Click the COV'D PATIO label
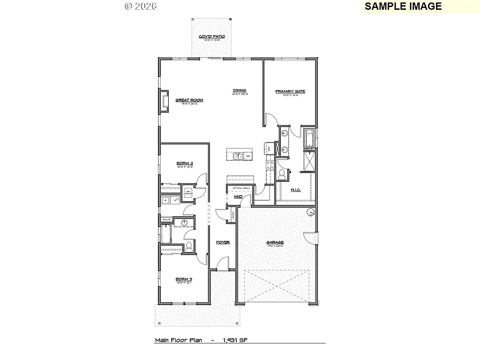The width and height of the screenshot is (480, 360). tap(212, 36)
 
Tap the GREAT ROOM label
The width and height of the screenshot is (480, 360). tap(189, 100)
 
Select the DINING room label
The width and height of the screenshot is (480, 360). tap(240, 90)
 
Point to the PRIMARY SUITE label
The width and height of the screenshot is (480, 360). tap(290, 91)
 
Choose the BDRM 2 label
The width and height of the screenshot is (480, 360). tap(185, 163)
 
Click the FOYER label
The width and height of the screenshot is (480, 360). tap(223, 242)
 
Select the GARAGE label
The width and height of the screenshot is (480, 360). tap(275, 242)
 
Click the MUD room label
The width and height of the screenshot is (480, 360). tap(239, 197)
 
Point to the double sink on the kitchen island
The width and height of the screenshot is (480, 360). tap(237, 156)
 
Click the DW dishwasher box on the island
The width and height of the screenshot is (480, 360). tap(248, 156)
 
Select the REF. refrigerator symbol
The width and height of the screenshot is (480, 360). tap(269, 149)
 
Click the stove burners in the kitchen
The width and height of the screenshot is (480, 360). tap(270, 165)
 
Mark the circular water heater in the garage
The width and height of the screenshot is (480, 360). tap(310, 213)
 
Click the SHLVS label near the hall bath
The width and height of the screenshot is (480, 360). tap(166, 219)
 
